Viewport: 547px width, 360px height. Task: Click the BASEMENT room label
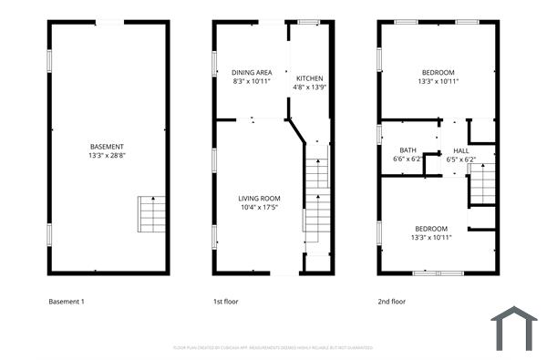click(108, 147)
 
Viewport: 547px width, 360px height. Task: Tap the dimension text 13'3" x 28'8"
click(108, 156)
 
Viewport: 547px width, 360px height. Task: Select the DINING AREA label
click(252, 72)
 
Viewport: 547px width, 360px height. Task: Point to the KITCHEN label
click(310, 78)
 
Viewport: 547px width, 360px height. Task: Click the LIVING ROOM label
click(259, 198)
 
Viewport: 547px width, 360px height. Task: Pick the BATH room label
click(408, 150)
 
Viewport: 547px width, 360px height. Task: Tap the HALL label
click(460, 150)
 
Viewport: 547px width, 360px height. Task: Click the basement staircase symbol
click(150, 213)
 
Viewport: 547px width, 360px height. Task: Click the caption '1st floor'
click(225, 301)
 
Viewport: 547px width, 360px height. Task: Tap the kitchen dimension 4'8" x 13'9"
click(310, 87)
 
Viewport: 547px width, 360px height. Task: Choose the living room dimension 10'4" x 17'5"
click(259, 207)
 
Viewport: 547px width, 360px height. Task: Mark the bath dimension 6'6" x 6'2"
click(408, 159)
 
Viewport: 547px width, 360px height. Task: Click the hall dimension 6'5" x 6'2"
click(460, 159)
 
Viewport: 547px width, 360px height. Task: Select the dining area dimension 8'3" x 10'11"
click(252, 81)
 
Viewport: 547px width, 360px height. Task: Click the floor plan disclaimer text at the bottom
click(273, 347)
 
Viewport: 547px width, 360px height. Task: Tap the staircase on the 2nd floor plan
click(480, 188)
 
